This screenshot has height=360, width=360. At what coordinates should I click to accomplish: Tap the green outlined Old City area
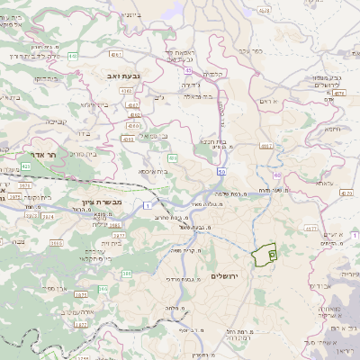pos(264,256)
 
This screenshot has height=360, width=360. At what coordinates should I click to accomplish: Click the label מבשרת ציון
pos(99,202)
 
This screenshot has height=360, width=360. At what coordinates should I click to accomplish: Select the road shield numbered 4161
pos(265,144)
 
